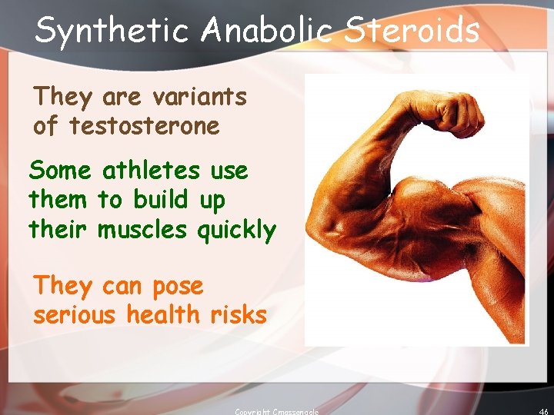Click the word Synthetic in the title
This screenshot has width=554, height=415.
click(112, 31)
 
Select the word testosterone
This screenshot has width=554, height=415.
click(144, 126)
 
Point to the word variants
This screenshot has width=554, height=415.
click(199, 97)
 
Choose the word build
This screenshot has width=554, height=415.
click(161, 200)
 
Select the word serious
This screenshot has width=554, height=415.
click(75, 315)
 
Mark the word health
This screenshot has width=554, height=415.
click(159, 315)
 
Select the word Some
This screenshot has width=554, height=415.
click(60, 170)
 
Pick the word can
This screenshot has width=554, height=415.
click(122, 286)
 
